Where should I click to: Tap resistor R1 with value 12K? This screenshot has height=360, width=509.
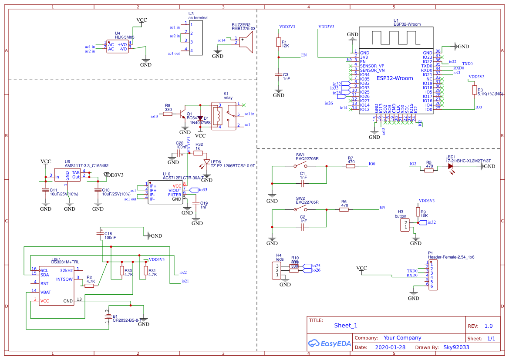point(279,42)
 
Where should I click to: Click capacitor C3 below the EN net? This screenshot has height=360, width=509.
point(279,75)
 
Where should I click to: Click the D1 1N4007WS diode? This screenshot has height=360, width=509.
point(200,118)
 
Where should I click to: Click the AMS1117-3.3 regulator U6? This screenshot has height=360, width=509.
point(67,176)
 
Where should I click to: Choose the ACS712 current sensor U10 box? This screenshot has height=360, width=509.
point(165,193)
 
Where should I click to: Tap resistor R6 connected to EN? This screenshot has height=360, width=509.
point(344,209)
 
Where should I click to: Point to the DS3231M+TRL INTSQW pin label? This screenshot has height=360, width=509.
point(64,279)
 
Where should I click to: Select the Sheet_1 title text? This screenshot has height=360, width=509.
point(346,326)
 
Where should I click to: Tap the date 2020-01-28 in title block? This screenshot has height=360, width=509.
point(390,347)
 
